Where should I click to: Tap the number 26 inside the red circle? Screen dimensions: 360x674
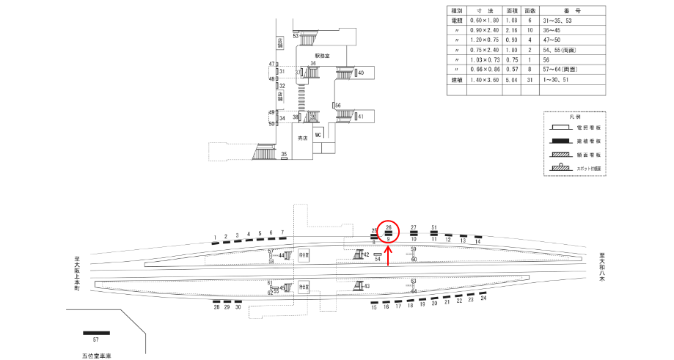pyautogui.click(x=389, y=227)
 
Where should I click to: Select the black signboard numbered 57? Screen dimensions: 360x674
pyautogui.click(x=96, y=333)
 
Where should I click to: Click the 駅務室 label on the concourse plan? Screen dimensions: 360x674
pyautogui.click(x=323, y=55)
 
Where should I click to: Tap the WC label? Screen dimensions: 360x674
pyautogui.click(x=318, y=136)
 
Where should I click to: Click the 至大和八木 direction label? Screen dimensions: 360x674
pyautogui.click(x=601, y=267)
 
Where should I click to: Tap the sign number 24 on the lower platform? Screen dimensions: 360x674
pyautogui.click(x=483, y=298)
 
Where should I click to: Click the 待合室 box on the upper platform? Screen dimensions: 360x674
pyautogui.click(x=304, y=254)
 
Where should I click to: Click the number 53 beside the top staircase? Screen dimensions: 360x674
pyautogui.click(x=295, y=35)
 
